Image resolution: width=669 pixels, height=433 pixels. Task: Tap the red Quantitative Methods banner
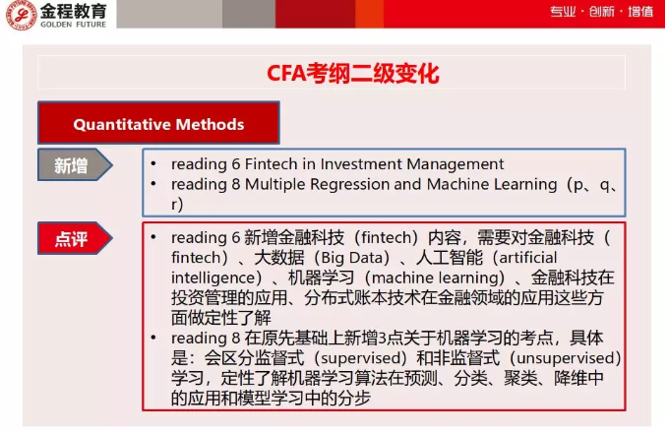click(158, 125)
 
